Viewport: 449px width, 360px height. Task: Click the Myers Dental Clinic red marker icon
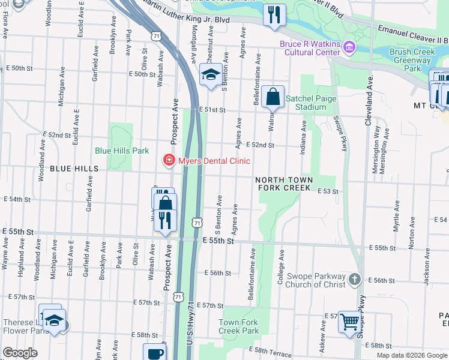[x=170, y=160]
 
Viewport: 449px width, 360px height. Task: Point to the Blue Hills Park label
[x=122, y=151]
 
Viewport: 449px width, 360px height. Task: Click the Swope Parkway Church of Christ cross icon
[x=355, y=279]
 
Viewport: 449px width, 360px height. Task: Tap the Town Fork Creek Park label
[x=238, y=326]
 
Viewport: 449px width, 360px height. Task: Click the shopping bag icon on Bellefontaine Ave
[x=273, y=97]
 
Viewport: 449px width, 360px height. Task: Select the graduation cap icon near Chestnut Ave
[x=210, y=76]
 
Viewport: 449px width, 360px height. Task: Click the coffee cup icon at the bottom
[x=155, y=353]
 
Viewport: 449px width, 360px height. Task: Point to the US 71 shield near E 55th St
[x=197, y=223]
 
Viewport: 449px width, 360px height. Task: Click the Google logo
[x=20, y=353]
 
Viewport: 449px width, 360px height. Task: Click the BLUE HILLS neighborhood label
[x=74, y=169]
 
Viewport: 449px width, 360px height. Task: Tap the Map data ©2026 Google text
[x=411, y=355]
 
